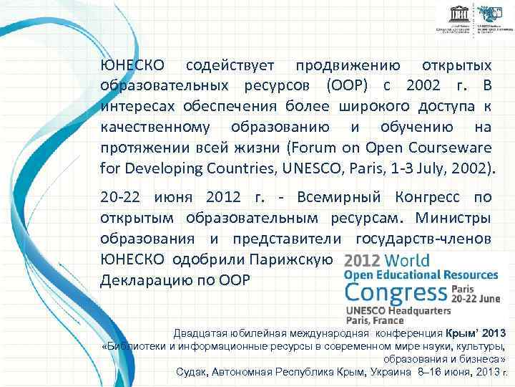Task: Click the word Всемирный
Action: (x=334, y=197)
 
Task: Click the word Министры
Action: (x=454, y=218)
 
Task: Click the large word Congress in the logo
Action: (x=396, y=293)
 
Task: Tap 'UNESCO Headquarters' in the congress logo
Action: (x=398, y=311)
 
